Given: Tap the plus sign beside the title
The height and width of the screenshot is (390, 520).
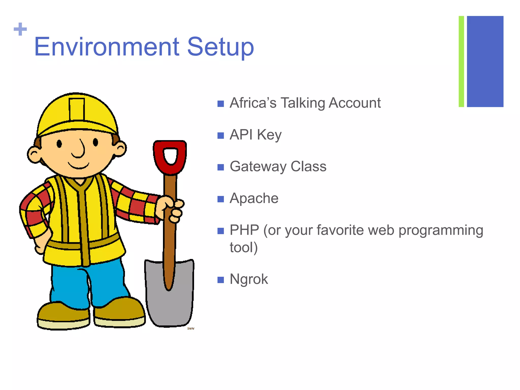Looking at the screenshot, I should click(x=20, y=29).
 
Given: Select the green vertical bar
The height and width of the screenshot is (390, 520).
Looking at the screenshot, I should click(x=461, y=61).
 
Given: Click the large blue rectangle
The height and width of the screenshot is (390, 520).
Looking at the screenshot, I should click(x=485, y=61).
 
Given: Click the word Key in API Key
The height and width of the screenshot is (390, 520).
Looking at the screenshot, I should click(x=269, y=135).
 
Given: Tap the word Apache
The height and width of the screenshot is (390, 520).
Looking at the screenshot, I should click(x=254, y=198).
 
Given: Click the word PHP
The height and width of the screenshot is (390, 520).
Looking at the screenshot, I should click(x=244, y=230).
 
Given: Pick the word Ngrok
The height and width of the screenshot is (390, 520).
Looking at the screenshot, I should click(x=249, y=279).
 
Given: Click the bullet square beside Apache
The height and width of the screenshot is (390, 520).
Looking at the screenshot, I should click(x=221, y=199).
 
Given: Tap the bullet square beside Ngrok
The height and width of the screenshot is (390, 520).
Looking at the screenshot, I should click(x=221, y=280).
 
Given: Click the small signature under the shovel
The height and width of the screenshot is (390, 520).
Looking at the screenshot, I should click(x=191, y=329).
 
